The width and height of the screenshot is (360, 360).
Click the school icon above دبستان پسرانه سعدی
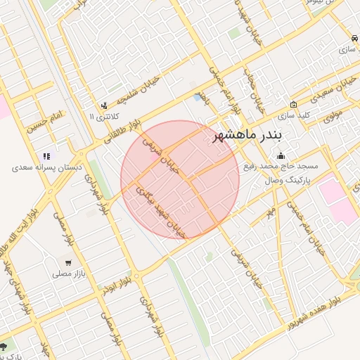(x=46, y=156)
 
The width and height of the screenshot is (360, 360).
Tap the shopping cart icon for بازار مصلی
(x=67, y=262)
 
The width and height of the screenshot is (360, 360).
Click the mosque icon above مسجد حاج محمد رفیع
(x=281, y=156)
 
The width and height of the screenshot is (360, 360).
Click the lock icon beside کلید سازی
(x=292, y=104)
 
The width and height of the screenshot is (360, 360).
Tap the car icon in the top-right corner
(x=352, y=38)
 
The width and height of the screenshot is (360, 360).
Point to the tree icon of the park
(x=4, y=347)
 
